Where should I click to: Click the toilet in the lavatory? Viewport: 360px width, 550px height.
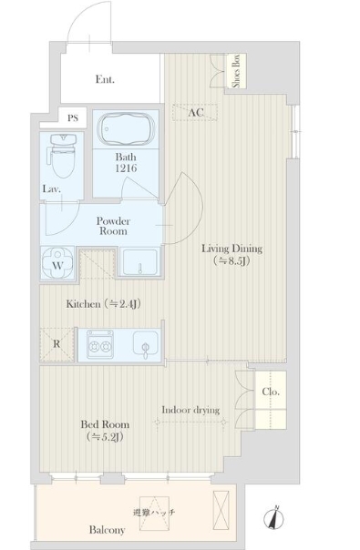[x=62, y=155]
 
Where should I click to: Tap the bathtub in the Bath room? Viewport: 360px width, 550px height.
[x=127, y=128]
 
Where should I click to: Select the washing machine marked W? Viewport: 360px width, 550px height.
[x=57, y=263]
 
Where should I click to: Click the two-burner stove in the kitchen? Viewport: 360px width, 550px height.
[x=100, y=344]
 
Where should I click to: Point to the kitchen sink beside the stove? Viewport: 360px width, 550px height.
[x=146, y=343]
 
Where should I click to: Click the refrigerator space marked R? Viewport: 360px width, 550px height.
[x=57, y=344]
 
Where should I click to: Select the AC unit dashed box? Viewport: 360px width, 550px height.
[x=195, y=113]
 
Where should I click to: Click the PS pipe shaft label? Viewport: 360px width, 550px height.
[x=73, y=117]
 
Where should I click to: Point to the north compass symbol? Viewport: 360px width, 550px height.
[x=274, y=518]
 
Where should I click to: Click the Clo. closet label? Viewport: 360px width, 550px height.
[x=271, y=392]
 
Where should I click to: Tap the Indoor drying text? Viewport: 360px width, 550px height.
[x=190, y=410]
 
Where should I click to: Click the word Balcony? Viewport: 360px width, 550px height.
[x=108, y=530]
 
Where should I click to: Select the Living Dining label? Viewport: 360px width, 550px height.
[x=231, y=249]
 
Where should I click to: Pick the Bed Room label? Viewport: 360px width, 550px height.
[x=105, y=424]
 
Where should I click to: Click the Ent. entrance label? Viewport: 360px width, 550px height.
[x=105, y=79]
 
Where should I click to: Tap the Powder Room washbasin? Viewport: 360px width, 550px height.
[x=139, y=262]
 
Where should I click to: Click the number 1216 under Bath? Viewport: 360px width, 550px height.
[x=126, y=168]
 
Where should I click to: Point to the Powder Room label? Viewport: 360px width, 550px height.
[x=113, y=226]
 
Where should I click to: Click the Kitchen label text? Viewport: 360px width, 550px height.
[x=84, y=304]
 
